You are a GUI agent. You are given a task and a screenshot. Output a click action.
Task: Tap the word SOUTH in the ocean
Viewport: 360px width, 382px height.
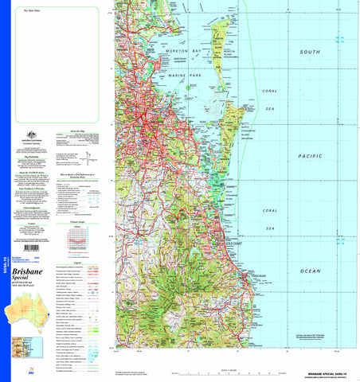pyautogui.click(x=310, y=52)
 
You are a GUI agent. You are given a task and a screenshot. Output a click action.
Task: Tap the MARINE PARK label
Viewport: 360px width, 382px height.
pyautogui.click(x=188, y=76)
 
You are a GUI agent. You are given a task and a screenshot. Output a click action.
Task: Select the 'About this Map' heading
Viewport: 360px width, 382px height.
pyautogui.click(x=79, y=129)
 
